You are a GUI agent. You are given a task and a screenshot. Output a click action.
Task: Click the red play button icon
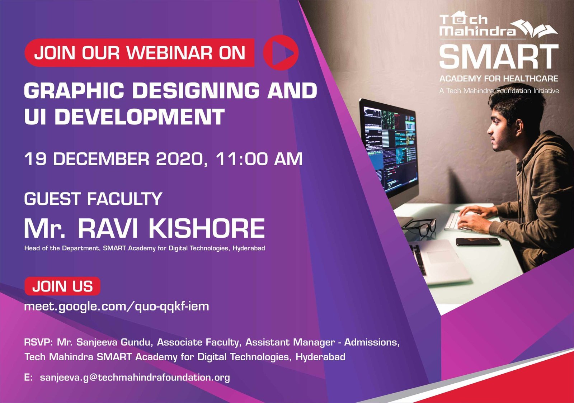[281, 53]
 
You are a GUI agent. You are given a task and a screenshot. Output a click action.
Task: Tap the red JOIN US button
[62, 286]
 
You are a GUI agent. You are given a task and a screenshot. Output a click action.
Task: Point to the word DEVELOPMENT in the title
[140, 117]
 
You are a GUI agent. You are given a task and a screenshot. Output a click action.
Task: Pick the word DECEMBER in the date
[101, 159]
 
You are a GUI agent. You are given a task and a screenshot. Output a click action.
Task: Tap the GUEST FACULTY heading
[93, 199]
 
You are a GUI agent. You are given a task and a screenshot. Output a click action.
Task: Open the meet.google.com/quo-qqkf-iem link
[117, 307]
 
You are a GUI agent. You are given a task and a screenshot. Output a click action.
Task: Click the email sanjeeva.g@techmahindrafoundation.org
[135, 378]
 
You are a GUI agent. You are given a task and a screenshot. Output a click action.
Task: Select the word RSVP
[37, 342]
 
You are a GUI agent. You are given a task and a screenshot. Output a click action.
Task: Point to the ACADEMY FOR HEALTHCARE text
[499, 79]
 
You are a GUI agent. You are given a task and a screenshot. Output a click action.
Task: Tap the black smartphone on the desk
[478, 241]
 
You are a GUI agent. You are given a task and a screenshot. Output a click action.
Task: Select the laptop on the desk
[440, 261]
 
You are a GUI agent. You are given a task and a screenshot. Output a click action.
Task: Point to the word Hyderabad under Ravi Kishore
[249, 248]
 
